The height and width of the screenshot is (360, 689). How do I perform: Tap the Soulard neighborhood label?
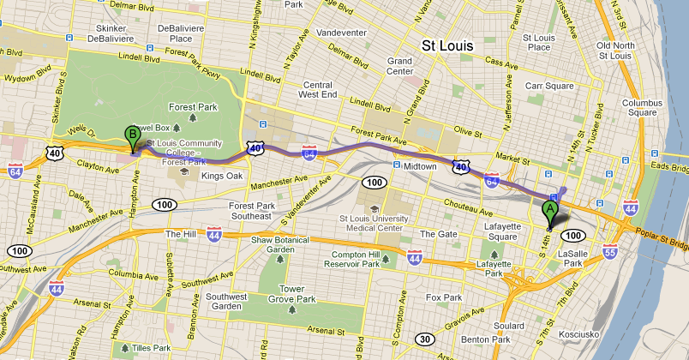(509, 326)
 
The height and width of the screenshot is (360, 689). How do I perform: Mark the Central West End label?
(317, 90)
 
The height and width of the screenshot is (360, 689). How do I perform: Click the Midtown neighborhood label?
(420, 165)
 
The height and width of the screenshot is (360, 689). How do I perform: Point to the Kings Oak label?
(222, 176)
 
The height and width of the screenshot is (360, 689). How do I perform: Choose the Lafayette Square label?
(502, 231)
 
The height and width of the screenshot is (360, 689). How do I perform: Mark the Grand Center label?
(400, 67)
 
